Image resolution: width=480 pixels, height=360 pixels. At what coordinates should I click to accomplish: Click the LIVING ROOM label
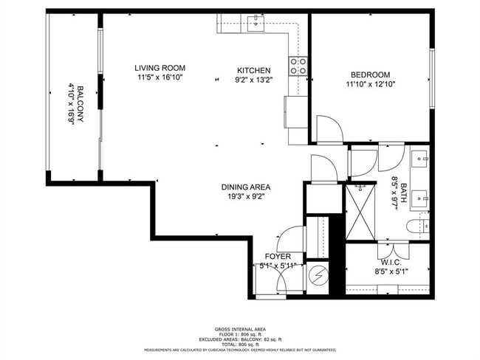click(x=160, y=67)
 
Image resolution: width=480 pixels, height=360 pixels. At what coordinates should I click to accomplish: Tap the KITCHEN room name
click(x=254, y=70)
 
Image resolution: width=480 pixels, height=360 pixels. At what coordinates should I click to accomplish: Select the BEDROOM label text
click(x=370, y=75)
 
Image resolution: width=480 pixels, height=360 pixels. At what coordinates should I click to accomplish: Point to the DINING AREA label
click(x=246, y=187)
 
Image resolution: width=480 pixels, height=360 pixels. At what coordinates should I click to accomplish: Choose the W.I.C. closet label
click(x=391, y=262)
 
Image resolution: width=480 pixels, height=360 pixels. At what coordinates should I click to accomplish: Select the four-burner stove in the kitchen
click(x=298, y=66)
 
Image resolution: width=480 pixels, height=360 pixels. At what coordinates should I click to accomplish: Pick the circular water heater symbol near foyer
click(x=318, y=277)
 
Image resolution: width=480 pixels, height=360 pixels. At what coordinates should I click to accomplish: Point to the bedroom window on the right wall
click(x=432, y=80)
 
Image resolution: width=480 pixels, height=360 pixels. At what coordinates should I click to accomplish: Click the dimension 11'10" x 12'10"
click(x=370, y=84)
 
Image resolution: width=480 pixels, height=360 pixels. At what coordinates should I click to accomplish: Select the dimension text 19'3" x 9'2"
click(x=246, y=196)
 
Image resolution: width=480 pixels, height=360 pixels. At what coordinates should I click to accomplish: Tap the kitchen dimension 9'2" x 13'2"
click(x=254, y=80)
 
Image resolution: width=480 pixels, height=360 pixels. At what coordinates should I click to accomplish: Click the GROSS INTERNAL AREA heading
click(x=240, y=329)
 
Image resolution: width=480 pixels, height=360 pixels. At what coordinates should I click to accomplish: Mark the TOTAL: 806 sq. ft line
click(x=240, y=345)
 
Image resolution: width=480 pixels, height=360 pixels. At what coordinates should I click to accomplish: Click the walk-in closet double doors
click(x=391, y=249)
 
